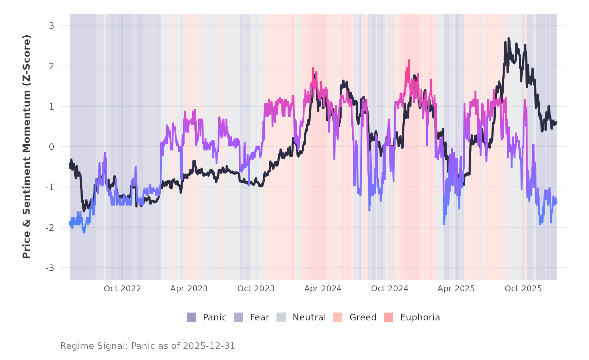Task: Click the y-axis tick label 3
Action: coord(51,26)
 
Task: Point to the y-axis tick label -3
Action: coord(50,268)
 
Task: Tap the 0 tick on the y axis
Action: coord(51,147)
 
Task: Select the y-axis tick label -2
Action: coord(50,228)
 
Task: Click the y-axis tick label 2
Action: coord(51,66)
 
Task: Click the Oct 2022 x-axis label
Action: coord(122,289)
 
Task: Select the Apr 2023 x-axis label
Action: coord(189,289)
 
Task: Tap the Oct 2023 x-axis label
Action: coord(256,289)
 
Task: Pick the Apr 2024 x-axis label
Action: coord(323,289)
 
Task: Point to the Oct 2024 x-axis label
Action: coord(390,289)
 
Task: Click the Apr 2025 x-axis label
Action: coord(456,289)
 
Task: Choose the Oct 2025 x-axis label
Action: coord(523,289)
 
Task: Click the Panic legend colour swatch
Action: coord(191,317)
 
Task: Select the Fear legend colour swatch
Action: coord(238,317)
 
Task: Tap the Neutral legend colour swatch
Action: coord(281,317)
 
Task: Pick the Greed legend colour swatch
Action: coord(338,317)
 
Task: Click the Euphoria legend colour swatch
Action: coord(388,317)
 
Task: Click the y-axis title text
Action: coord(27,147)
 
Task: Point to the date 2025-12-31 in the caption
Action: coord(209,346)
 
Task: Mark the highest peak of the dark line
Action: coord(509,39)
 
